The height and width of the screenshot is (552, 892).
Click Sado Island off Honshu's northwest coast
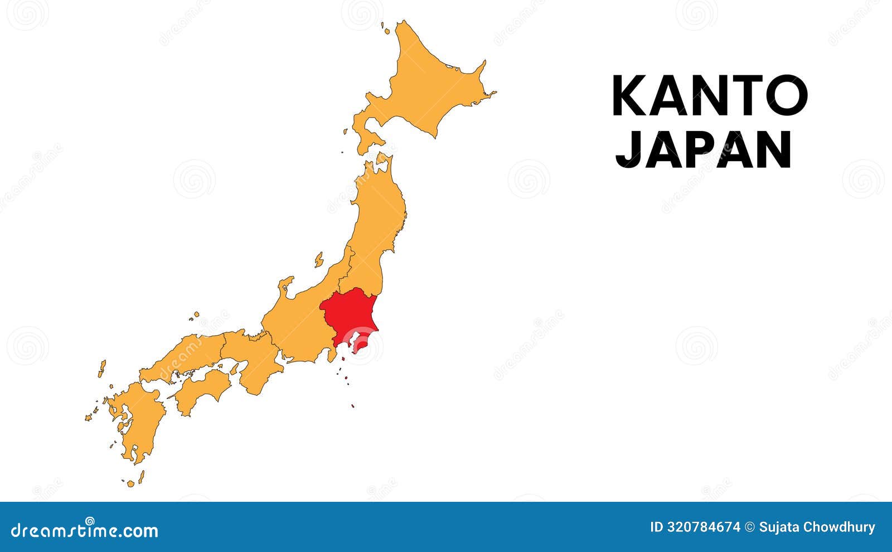point(319,259)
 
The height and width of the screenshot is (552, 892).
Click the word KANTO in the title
point(709,96)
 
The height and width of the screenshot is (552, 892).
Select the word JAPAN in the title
point(704,149)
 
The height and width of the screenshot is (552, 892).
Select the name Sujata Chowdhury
point(817,527)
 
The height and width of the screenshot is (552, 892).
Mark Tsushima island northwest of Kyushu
point(102,368)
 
